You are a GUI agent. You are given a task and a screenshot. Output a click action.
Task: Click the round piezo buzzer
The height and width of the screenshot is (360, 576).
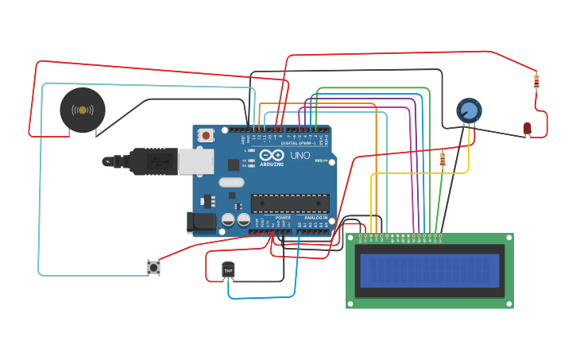pyautogui.click(x=83, y=110)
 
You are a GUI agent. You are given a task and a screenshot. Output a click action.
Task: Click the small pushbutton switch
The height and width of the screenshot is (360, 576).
pyautogui.click(x=153, y=267)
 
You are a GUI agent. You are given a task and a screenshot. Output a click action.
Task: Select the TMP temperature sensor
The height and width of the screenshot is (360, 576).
pyautogui.click(x=229, y=271)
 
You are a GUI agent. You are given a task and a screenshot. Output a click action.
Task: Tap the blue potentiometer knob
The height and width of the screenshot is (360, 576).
pyautogui.click(x=469, y=110)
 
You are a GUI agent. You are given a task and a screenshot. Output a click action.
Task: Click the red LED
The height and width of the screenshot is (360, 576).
pyautogui.click(x=528, y=128)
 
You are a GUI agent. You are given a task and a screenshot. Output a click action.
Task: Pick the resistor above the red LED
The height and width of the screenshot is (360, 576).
pyautogui.click(x=536, y=80)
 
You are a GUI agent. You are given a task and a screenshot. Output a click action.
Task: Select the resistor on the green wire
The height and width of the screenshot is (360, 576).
pyautogui.click(x=443, y=160)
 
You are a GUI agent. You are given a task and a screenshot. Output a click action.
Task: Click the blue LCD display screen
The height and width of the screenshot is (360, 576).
pyautogui.click(x=429, y=270)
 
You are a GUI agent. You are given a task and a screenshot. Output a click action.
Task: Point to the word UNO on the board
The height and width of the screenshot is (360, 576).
pyautogui.click(x=300, y=155)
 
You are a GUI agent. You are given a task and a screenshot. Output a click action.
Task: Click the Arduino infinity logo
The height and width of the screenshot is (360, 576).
pyautogui.click(x=270, y=155)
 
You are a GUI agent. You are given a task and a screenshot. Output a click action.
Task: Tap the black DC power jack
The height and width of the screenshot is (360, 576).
pyautogui.click(x=201, y=223)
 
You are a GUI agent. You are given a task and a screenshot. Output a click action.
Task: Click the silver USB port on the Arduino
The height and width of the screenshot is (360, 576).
pyautogui.click(x=195, y=161)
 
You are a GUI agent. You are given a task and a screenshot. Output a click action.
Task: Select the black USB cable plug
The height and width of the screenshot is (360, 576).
pyautogui.click(x=151, y=161)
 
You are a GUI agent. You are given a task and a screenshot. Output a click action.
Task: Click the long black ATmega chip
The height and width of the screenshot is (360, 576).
pyautogui.click(x=290, y=203)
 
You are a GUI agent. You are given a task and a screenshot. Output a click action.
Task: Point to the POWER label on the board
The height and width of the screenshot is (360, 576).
pyautogui.click(x=283, y=217)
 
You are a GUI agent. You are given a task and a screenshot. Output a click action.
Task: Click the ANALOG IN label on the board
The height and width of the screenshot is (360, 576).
pyautogui.click(x=315, y=217)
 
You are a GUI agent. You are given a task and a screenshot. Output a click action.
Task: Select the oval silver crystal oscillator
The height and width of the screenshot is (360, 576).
pyautogui.click(x=231, y=183)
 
